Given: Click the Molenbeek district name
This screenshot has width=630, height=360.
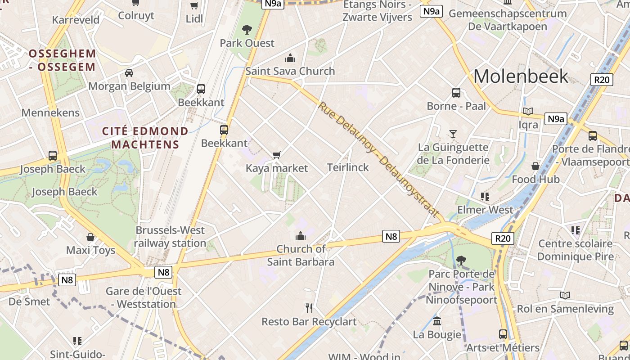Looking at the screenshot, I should (521, 76).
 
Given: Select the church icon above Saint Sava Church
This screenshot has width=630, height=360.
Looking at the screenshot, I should (290, 58).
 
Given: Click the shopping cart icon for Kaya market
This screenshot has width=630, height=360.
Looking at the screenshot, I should (277, 155).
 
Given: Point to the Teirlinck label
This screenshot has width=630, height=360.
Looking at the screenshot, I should (348, 167).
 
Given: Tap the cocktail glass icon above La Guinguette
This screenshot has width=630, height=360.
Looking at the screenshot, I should (453, 134).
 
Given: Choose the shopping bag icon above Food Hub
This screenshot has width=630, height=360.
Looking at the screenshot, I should (535, 166).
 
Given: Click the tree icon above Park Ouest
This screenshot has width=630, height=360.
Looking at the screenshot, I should (247, 30).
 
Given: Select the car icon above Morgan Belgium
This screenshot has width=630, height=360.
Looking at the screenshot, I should (129, 73).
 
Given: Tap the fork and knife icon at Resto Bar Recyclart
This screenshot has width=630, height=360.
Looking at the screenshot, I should (309, 308).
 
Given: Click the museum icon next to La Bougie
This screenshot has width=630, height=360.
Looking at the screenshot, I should (437, 321).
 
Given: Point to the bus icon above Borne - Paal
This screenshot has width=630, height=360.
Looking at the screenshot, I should (456, 93).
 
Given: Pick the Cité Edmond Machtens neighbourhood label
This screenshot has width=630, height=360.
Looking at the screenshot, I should (145, 138).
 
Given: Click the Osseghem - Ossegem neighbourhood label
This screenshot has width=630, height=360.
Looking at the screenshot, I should (63, 60).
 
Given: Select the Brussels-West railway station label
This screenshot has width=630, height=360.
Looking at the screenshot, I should (170, 237).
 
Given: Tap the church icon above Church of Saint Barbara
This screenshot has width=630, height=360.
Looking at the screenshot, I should (300, 236).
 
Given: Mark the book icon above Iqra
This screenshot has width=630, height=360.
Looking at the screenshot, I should (528, 111).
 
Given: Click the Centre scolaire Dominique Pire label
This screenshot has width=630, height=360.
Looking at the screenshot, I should (575, 250).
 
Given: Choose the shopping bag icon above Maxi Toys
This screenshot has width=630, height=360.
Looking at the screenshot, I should (90, 237).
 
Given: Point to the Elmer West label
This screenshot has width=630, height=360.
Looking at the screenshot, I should (485, 210).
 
